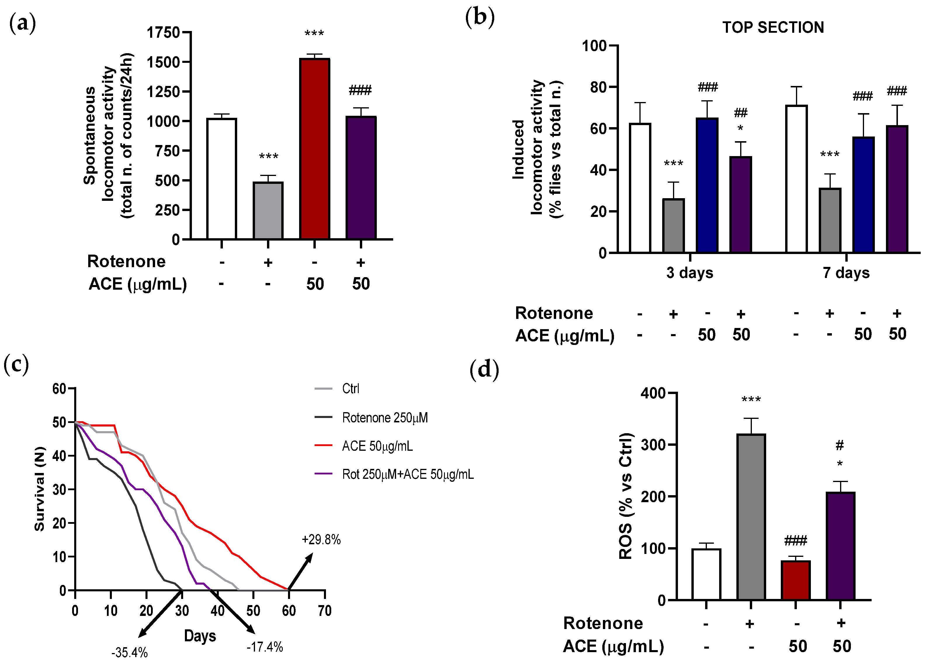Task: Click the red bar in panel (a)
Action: pyautogui.click(x=314, y=149)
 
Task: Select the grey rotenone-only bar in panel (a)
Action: pyautogui.click(x=268, y=210)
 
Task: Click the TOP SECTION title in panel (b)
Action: pyautogui.click(x=773, y=27)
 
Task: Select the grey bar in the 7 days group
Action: pyautogui.click(x=830, y=220)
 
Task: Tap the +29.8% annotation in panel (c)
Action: pyautogui.click(x=321, y=540)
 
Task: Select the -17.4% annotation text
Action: pyautogui.click(x=265, y=647)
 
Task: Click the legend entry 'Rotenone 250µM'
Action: pyautogui.click(x=385, y=418)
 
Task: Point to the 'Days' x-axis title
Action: pyautogui.click(x=200, y=636)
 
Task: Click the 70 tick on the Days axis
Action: pyautogui.click(x=325, y=611)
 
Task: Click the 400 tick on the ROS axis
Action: pyautogui.click(x=653, y=393)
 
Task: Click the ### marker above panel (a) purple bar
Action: pyautogui.click(x=360, y=90)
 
